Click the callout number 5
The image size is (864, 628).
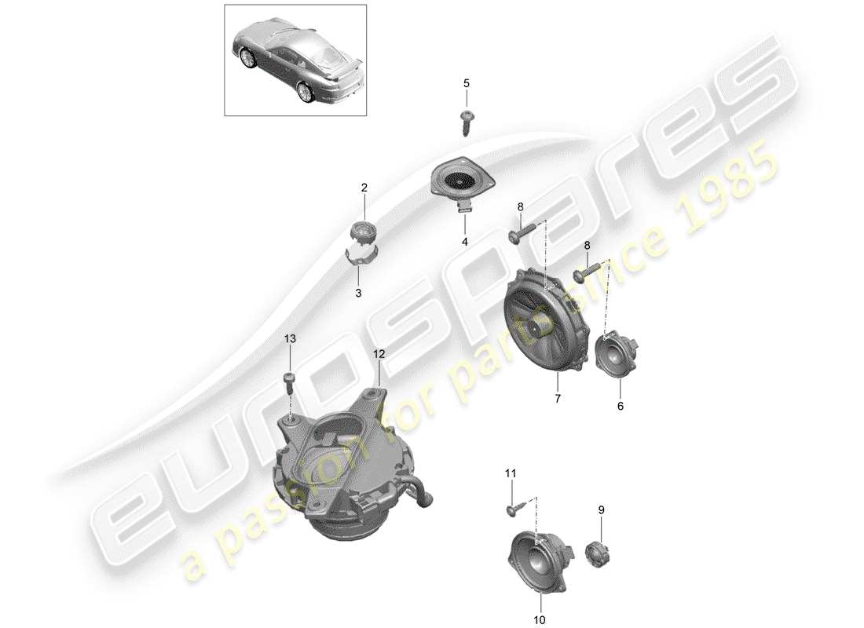coord(465,82)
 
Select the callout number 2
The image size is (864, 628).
coord(364,188)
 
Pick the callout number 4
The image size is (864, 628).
coord(464,243)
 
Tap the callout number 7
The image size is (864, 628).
coord(557,399)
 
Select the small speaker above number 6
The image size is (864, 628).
coord(619,354)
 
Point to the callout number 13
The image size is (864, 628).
coord(291,338)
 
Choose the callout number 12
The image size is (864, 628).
coord(379,354)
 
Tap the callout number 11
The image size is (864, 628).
coord(511,473)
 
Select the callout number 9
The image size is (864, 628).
coord(602,510)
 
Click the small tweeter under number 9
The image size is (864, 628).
coord(600,553)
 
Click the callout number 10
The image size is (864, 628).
coord(538,620)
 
